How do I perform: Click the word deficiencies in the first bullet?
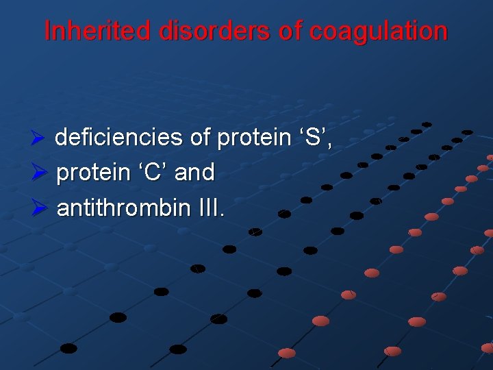pos(118,138)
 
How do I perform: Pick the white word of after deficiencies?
pos(200,138)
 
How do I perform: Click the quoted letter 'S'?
pos(313,138)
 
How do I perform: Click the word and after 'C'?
pos(194,172)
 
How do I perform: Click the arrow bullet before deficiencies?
pos(39,138)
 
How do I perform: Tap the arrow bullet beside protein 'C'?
pos(39,173)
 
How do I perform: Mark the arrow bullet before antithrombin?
pos(39,207)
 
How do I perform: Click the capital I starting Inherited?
pos(47,32)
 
